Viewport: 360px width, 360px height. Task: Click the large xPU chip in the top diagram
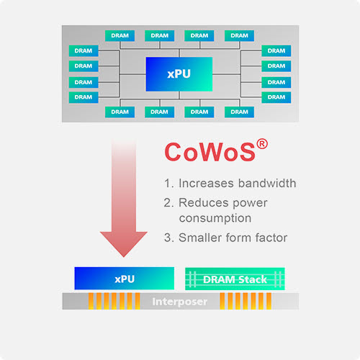click(179, 74)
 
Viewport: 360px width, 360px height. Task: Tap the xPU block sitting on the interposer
click(125, 278)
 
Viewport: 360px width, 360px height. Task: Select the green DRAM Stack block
click(235, 278)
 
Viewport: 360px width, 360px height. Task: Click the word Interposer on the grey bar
click(180, 302)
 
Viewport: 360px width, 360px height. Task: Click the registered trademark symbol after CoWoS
click(263, 143)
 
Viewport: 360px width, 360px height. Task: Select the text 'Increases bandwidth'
click(236, 183)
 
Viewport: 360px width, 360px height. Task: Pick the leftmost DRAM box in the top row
click(120, 35)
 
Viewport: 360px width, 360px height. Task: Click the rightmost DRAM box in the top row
click(239, 35)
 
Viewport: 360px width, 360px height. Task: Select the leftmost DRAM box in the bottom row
click(120, 112)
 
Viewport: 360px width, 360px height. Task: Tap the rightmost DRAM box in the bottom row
click(239, 112)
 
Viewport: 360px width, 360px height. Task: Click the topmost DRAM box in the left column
click(84, 50)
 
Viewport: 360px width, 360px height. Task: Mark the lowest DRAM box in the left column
click(84, 96)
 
